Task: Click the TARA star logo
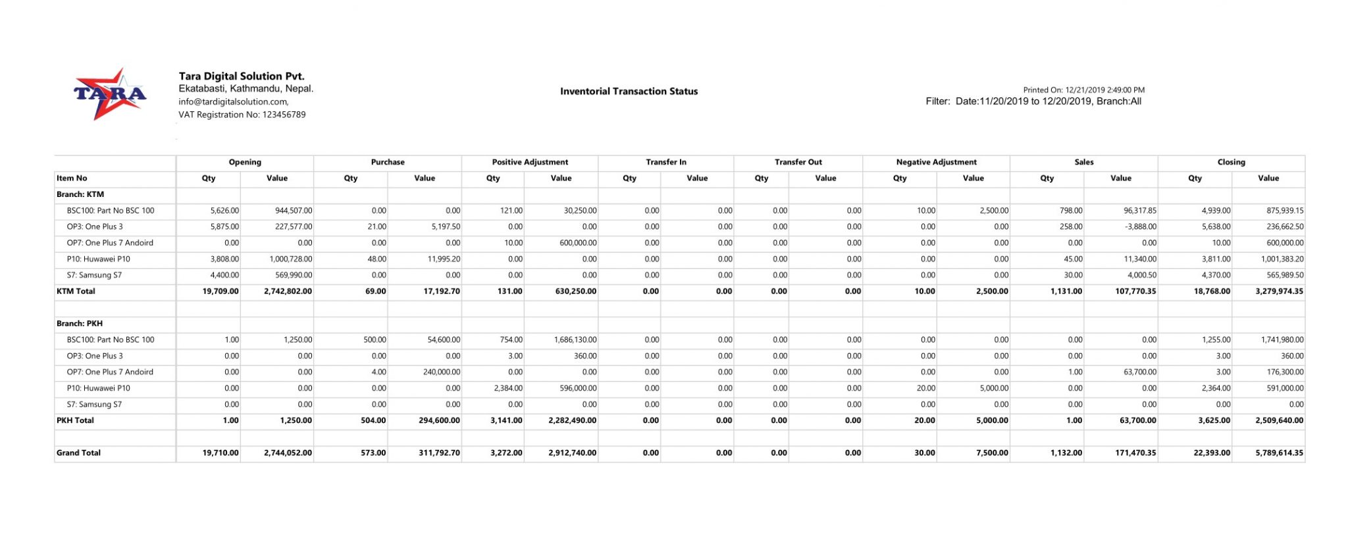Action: point(109,94)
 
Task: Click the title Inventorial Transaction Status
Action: point(629,92)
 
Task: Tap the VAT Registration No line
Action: point(242,115)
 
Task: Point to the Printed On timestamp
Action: point(1083,90)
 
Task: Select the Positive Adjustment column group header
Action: point(530,162)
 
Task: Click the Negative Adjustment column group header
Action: point(936,162)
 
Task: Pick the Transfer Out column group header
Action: point(798,162)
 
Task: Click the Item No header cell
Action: point(72,178)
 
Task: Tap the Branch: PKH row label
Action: point(80,323)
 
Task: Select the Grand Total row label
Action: point(78,453)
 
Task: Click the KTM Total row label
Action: point(76,291)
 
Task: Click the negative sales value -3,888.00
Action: point(1139,227)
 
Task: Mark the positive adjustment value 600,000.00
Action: point(574,243)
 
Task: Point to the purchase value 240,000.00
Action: point(439,372)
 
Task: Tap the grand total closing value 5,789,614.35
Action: point(1279,453)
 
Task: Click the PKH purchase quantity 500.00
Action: point(375,340)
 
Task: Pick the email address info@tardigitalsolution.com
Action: point(233,102)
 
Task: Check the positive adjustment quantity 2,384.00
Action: point(508,388)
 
